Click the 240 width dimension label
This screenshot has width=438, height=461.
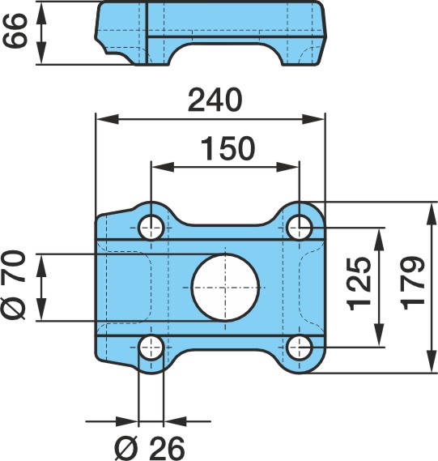point(215,100)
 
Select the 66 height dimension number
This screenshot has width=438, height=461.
point(15,30)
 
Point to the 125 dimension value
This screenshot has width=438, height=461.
point(358,284)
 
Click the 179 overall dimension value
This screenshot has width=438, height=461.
point(412,283)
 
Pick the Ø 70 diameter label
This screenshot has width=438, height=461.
point(15,284)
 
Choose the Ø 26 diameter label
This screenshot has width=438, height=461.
point(150,448)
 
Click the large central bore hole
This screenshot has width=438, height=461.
point(225,288)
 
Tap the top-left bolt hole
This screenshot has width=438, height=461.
point(151,228)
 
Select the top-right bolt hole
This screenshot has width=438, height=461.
point(299,228)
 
